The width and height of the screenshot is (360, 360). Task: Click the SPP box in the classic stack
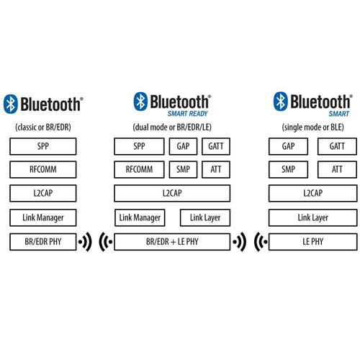[x=43, y=146]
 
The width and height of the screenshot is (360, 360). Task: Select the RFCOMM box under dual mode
[x=139, y=169]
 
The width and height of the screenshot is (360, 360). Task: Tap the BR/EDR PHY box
[x=43, y=242]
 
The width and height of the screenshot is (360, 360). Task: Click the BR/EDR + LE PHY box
[x=172, y=242]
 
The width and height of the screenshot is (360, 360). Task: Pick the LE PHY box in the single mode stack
[x=313, y=242]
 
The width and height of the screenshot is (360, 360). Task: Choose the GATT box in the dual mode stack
[x=216, y=146]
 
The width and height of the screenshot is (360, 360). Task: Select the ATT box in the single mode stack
[x=337, y=169]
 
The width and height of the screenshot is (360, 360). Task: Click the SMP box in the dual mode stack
[x=183, y=169]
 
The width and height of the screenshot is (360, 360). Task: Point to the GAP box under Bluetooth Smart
[x=288, y=146]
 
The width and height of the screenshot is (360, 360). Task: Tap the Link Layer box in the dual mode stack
[x=205, y=217]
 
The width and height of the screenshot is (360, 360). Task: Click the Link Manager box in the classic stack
[x=43, y=217]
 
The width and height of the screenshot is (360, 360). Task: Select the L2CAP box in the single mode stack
[x=313, y=193]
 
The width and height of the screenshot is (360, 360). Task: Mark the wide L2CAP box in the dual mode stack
[x=172, y=193]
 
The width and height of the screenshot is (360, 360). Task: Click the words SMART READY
[x=187, y=114]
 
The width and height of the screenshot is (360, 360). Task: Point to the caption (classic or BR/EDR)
[x=43, y=127]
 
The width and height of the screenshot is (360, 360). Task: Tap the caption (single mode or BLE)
[x=312, y=127]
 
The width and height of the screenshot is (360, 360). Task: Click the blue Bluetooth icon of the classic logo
[x=11, y=104]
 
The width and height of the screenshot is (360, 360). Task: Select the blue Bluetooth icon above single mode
[x=281, y=102]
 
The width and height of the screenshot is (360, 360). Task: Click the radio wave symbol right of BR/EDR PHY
[x=85, y=242]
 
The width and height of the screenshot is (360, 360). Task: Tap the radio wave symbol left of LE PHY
[x=261, y=242]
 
